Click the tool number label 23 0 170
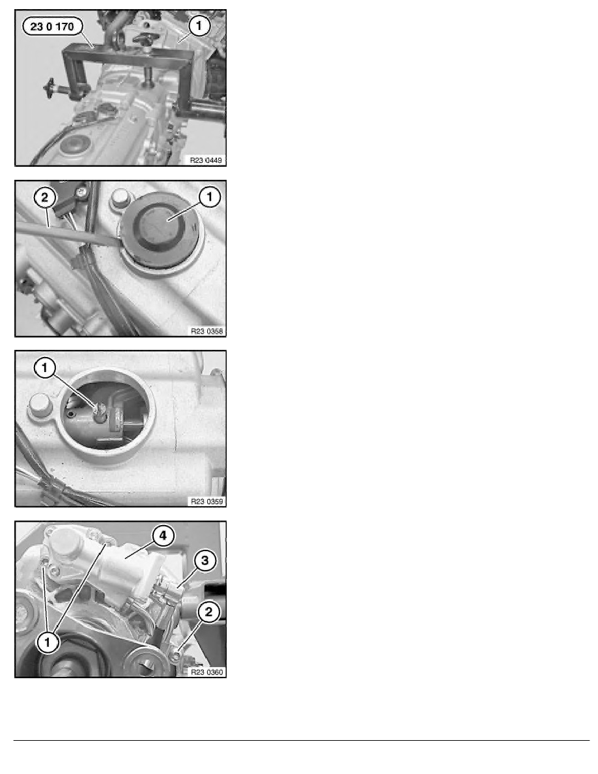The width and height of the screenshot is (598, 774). click(52, 27)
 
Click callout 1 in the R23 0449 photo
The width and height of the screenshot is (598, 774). click(199, 25)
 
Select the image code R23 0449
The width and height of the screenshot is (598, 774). click(206, 160)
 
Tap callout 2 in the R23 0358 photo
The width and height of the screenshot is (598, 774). click(45, 198)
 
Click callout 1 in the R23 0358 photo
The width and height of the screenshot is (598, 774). click(209, 197)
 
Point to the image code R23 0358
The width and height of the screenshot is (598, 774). click(206, 331)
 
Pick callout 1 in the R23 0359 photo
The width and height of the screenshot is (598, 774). click(45, 367)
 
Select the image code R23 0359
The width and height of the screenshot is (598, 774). click(206, 501)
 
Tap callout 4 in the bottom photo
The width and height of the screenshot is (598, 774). click(163, 536)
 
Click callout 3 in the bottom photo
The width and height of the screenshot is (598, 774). click(205, 561)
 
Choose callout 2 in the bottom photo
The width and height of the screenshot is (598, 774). click(208, 612)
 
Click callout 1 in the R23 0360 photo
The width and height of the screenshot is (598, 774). click(48, 642)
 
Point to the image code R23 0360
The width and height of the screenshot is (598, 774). click(206, 672)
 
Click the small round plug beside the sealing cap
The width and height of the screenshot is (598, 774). click(120, 198)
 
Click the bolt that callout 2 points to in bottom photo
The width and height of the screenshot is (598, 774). click(178, 655)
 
